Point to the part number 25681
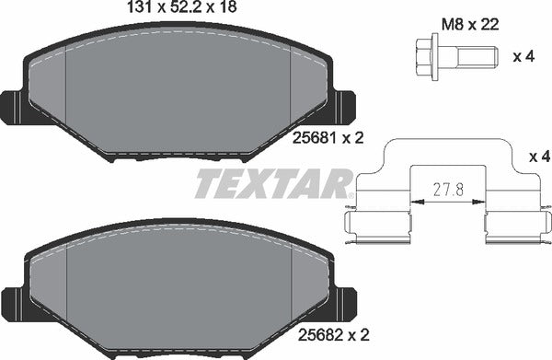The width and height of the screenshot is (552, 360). point(310,140)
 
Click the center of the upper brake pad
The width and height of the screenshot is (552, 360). point(178,92)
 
